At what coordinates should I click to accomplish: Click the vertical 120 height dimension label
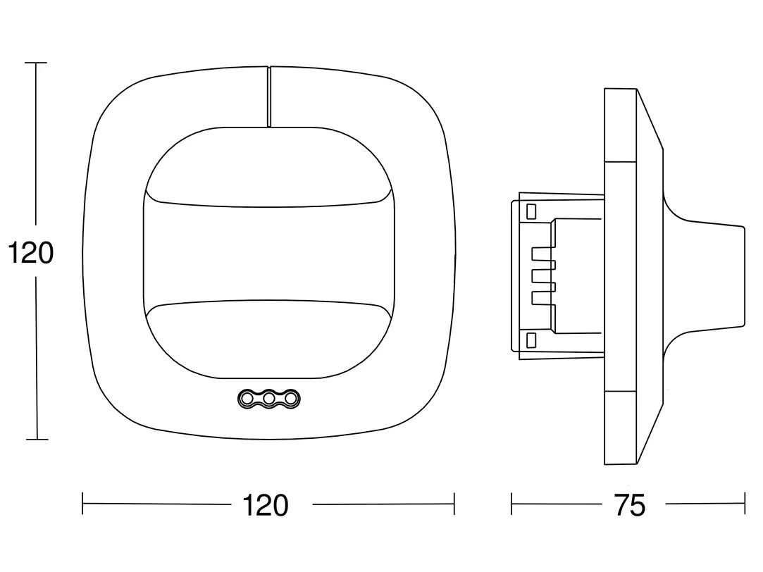[31, 253]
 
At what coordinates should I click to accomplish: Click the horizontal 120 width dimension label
[265, 505]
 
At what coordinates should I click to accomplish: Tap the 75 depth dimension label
[630, 505]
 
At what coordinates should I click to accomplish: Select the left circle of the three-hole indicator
[246, 399]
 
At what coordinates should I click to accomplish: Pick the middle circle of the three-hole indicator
[268, 399]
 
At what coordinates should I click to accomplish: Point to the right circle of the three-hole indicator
[291, 399]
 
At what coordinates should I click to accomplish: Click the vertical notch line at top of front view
[268, 97]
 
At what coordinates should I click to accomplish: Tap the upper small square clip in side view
[531, 211]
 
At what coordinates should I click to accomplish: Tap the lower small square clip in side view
[531, 340]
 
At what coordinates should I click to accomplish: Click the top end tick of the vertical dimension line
[36, 63]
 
